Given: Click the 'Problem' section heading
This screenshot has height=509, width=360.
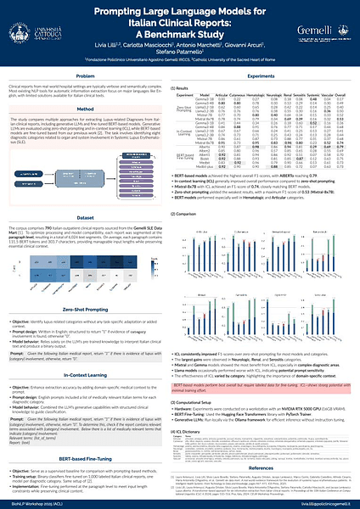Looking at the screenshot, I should [x=91, y=76].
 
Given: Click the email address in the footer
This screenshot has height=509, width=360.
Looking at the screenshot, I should [x=324, y=503].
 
